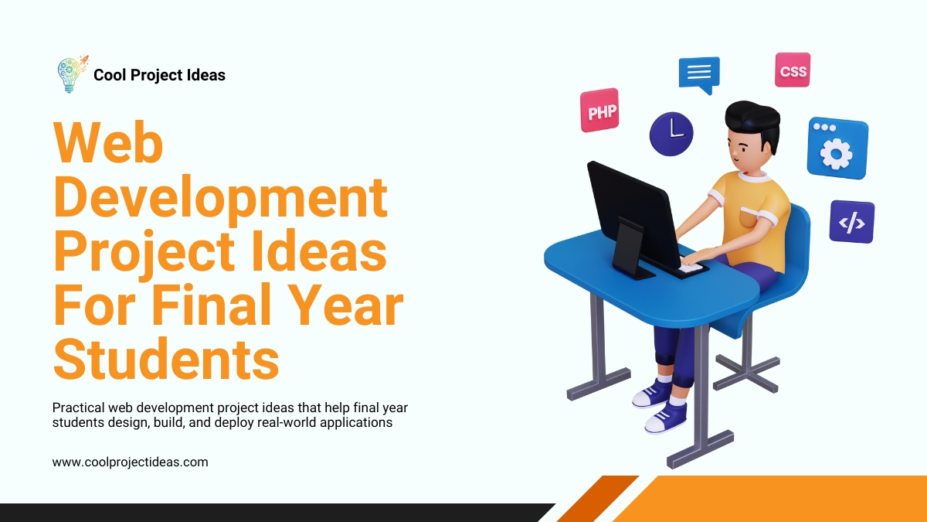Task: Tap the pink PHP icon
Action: click(x=600, y=111)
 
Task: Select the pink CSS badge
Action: click(x=793, y=70)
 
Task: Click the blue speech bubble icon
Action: click(x=699, y=73)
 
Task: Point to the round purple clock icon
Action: click(x=671, y=133)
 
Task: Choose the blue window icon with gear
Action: click(x=837, y=148)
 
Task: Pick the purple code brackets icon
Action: click(x=851, y=222)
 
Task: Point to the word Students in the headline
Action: click(x=166, y=359)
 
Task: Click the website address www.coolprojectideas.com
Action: click(x=131, y=462)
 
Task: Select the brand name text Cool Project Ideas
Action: click(x=159, y=75)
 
